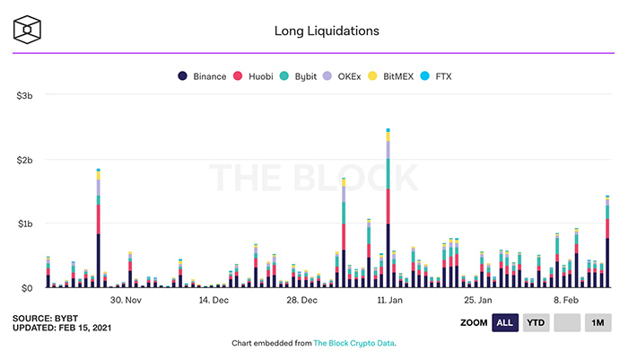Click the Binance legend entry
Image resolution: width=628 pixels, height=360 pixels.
(202, 76)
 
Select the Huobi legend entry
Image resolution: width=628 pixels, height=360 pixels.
(257, 76)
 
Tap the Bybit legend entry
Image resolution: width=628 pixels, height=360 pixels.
(304, 76)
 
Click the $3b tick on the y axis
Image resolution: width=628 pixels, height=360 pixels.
(23, 95)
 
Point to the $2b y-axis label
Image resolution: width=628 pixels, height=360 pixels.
(23, 160)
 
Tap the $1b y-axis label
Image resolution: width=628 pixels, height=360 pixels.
(23, 224)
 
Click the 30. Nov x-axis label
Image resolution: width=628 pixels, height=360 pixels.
(126, 300)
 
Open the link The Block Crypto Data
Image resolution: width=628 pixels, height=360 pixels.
(354, 343)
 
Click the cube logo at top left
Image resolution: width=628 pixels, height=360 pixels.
(28, 30)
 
